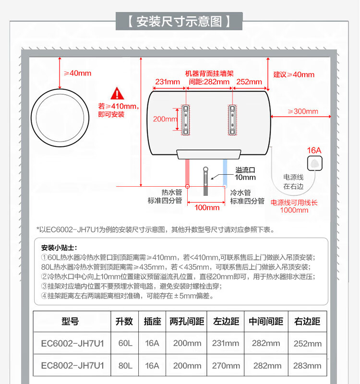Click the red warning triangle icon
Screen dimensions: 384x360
click(117, 94)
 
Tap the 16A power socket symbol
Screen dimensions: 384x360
click(314, 163)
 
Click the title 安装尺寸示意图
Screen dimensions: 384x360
click(180, 22)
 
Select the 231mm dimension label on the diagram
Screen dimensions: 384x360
click(168, 82)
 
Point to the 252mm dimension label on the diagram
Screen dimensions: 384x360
click(249, 82)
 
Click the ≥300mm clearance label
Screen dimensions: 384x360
click(303, 111)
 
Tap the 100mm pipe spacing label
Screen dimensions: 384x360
click(207, 207)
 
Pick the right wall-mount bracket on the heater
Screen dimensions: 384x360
click(232, 119)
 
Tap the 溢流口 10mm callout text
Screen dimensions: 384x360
click(245, 174)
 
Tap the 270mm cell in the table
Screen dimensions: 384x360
click(226, 365)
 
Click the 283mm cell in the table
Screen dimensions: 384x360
click(307, 365)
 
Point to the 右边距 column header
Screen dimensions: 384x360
click(307, 322)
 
